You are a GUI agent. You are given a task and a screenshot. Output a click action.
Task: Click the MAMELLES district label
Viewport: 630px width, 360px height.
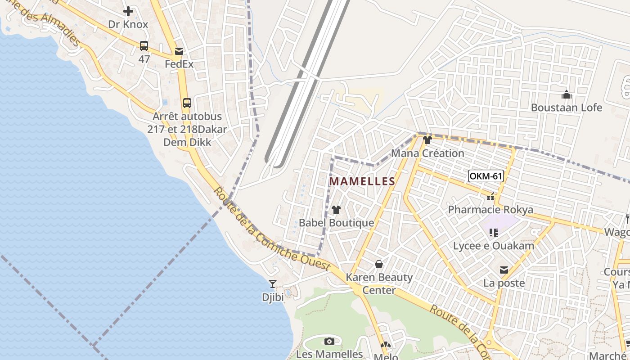(x=362, y=181)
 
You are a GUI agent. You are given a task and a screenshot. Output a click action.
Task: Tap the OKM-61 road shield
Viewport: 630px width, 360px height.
(x=486, y=176)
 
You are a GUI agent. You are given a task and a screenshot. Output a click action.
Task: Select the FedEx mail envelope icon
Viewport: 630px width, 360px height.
(x=179, y=51)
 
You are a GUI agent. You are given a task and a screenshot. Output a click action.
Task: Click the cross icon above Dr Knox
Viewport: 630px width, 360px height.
(x=128, y=11)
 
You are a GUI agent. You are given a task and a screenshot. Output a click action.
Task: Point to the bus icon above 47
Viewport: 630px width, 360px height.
(x=144, y=45)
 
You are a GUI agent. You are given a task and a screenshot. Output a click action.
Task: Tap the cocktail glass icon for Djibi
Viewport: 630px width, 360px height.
(x=272, y=283)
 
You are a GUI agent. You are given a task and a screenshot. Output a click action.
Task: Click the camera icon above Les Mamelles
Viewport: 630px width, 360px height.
(x=329, y=341)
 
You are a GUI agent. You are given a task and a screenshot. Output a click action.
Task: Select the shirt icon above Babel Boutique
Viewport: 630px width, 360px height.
(x=336, y=210)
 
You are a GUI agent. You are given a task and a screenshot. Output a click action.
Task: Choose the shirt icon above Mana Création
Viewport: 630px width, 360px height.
(x=427, y=140)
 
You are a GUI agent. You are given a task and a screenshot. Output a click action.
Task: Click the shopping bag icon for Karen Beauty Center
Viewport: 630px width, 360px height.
(x=379, y=264)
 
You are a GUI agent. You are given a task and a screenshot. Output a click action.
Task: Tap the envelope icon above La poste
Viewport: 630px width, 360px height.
(x=504, y=270)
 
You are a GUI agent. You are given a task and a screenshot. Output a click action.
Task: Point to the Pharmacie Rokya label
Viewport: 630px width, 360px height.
(x=490, y=210)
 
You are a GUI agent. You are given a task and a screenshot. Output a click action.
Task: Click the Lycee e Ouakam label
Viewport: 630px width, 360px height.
(x=494, y=246)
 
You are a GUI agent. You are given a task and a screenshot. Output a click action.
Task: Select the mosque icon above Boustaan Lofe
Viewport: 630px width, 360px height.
(x=567, y=94)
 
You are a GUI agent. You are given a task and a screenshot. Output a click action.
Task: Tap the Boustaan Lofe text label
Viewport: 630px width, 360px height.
(x=567, y=108)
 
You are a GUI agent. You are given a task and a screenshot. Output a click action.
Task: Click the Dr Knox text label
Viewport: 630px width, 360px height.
(x=128, y=24)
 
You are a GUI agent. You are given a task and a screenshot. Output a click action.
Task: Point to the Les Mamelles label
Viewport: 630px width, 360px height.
(x=329, y=354)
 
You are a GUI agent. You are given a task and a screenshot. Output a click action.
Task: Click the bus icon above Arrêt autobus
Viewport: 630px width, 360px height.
(x=187, y=103)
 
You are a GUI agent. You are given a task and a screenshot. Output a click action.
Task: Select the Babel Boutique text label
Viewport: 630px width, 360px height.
(x=337, y=223)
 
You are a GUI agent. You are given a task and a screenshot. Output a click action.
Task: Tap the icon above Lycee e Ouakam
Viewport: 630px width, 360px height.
(x=494, y=233)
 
